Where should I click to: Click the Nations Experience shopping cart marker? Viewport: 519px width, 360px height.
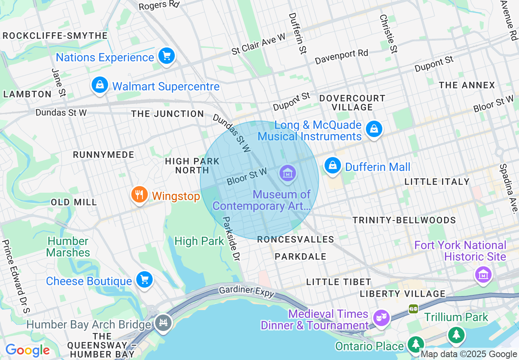tap(166, 56)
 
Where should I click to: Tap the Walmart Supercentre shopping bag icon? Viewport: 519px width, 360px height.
tap(99, 85)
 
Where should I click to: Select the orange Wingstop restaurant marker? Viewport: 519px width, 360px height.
tap(140, 195)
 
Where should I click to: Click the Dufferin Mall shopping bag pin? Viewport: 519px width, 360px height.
tap(333, 166)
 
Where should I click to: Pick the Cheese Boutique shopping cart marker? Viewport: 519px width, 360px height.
tap(144, 280)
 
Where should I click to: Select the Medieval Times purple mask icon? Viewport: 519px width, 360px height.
tap(381, 317)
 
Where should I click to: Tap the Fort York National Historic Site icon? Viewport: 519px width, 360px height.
tap(483, 274)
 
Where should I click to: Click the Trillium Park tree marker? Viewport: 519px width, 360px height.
tap(456, 335)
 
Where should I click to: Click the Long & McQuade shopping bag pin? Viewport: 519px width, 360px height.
tap(374, 129)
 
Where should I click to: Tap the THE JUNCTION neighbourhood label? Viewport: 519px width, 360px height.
tap(167, 114)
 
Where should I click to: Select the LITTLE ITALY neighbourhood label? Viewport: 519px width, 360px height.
tap(437, 182)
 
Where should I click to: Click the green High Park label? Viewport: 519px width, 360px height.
tap(199, 241)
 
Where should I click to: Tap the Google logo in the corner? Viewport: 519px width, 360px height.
tap(27, 350)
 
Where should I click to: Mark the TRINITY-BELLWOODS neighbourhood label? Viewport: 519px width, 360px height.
tap(404, 220)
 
